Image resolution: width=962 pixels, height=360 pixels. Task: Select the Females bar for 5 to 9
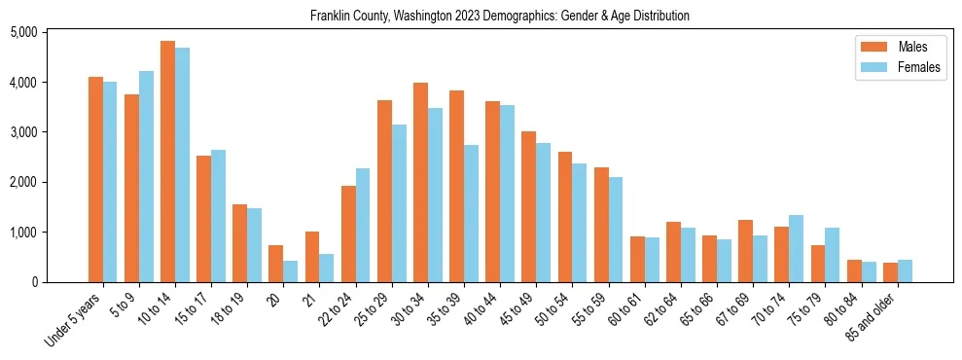146,176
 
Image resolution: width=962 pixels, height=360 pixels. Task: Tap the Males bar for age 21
312,257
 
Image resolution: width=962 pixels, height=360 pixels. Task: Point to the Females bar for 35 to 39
471,214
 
